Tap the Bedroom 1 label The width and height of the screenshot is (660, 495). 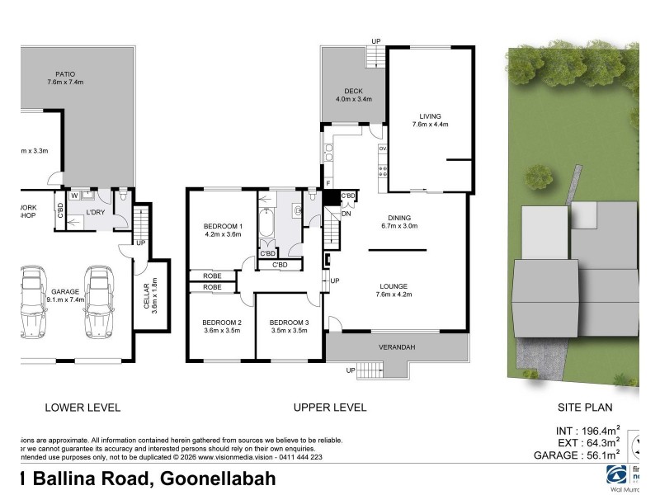pos(222,226)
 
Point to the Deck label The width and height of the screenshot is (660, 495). pos(354,91)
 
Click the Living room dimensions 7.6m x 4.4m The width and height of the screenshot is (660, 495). pos(430,125)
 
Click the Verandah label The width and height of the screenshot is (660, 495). pos(396,347)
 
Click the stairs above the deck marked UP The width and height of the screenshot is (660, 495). pos(375,55)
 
